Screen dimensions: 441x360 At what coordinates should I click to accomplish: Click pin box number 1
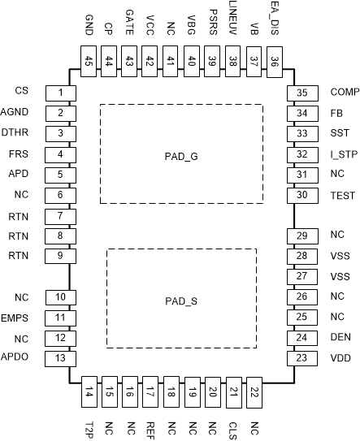(x=60, y=93)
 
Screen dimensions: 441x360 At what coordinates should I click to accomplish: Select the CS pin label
(x=22, y=89)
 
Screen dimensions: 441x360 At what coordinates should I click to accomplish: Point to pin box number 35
(x=301, y=93)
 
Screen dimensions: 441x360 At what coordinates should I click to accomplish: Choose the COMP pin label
(x=343, y=91)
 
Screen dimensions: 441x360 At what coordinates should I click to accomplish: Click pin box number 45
(x=89, y=61)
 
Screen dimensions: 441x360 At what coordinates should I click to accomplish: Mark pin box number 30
(x=301, y=194)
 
